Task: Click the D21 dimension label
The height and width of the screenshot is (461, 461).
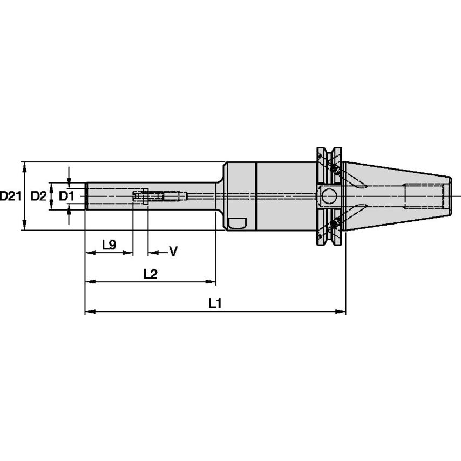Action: coord(10,196)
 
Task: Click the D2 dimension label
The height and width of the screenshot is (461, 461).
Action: coord(38,196)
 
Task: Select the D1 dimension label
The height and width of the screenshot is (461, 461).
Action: coord(65,196)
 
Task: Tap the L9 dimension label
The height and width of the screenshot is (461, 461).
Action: coord(109,245)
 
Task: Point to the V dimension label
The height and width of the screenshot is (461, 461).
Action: coord(173,252)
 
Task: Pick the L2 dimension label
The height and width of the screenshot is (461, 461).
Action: coord(150,274)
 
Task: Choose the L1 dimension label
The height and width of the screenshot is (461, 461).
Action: coord(215,304)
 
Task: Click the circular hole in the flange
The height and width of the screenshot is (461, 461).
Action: coord(329,196)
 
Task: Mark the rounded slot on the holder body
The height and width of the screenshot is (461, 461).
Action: coord(237,222)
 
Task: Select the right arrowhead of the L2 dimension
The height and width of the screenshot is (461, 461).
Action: coord(212,282)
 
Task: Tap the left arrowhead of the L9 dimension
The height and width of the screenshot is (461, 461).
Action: coord(89,252)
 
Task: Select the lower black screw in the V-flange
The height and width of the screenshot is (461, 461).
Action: coord(335,223)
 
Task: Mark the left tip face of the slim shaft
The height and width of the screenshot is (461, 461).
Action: coord(86,196)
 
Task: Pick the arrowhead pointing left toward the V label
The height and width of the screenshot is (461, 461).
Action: coord(153,252)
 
